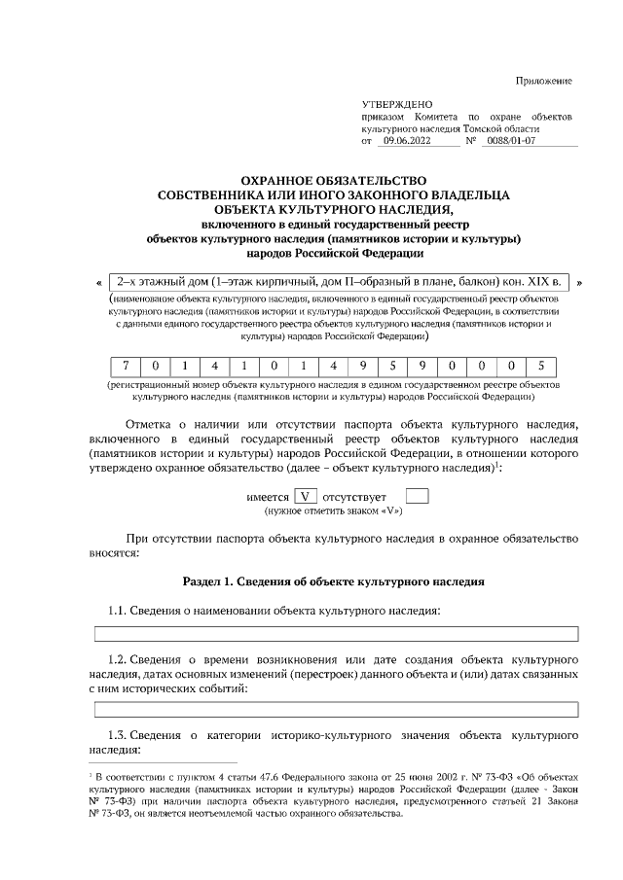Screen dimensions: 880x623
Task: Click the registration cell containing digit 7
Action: coord(126,367)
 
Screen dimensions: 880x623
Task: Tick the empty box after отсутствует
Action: coord(417,496)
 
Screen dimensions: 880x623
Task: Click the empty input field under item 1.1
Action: coord(336,634)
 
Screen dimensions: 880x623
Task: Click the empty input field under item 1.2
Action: coord(336,709)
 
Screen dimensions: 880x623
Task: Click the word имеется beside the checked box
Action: coord(267,497)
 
